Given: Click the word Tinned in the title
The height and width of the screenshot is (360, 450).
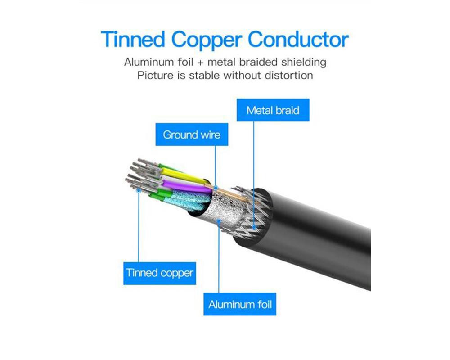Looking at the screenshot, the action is (x=133, y=39).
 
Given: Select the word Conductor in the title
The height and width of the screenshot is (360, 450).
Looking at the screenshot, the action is (x=298, y=39).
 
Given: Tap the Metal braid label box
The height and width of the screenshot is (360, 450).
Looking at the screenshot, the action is (x=273, y=110).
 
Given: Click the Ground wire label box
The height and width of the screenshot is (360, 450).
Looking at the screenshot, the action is (x=192, y=135).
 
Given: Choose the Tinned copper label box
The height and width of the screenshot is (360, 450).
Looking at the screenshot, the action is (x=160, y=273).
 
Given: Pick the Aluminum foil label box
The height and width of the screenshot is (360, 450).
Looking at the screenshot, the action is (x=240, y=304).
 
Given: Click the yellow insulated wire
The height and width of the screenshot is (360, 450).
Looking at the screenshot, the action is (x=184, y=175).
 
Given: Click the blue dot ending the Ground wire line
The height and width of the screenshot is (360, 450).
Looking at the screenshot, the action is (x=216, y=188).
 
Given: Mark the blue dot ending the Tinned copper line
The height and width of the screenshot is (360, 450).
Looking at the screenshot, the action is (x=139, y=190).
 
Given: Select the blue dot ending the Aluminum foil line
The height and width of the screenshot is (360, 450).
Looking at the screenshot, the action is (x=219, y=221).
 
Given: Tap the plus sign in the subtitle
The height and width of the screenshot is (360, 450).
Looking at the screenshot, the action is (x=200, y=63).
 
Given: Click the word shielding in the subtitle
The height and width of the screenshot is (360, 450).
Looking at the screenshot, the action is (x=304, y=62).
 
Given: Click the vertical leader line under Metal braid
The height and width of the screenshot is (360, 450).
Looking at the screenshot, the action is (x=254, y=174).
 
